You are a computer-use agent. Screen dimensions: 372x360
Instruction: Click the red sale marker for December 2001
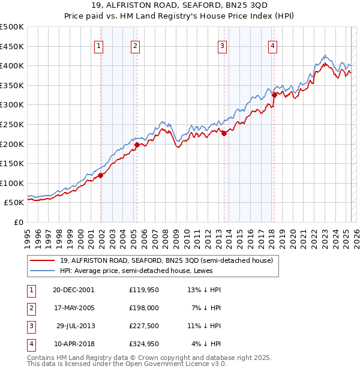101,175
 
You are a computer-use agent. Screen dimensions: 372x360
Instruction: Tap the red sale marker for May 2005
137,145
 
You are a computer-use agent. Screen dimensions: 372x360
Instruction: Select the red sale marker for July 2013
224,133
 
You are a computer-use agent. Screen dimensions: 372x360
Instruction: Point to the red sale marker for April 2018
274,94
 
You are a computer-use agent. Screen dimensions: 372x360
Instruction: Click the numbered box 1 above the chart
98,46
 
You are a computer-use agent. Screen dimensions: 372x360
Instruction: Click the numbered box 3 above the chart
222,46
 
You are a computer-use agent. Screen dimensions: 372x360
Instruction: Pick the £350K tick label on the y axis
13,85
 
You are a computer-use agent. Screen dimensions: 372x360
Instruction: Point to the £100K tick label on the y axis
13,183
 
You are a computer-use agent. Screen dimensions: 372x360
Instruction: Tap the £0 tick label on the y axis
18,223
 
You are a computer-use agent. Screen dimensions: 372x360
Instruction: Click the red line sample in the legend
42,260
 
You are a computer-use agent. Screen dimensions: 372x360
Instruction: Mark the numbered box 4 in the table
31,344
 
